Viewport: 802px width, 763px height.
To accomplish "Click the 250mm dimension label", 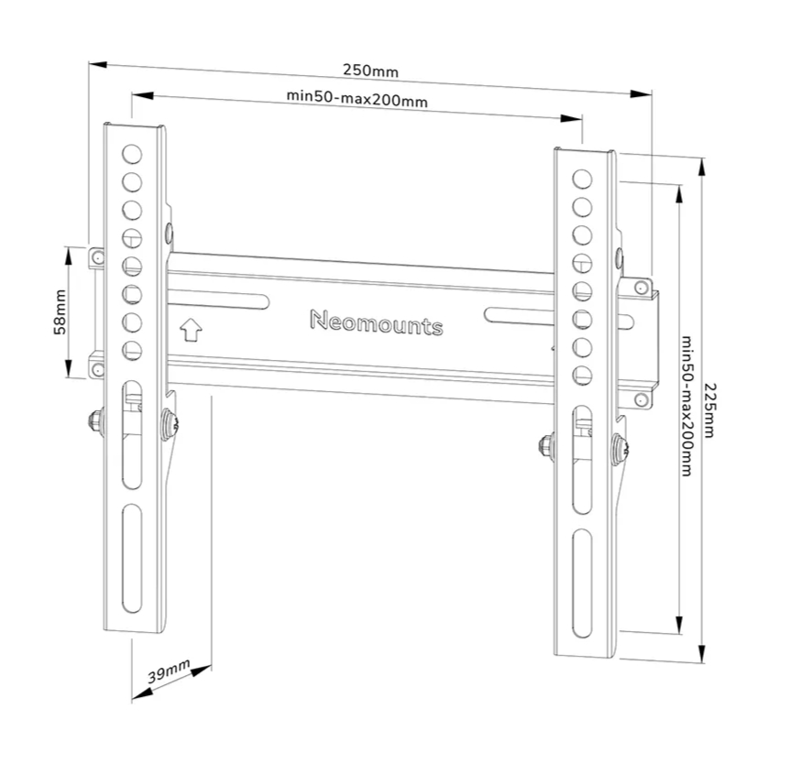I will coord(370,70).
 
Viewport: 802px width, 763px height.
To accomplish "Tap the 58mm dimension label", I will coord(59,312).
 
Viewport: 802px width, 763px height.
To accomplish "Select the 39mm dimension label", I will coord(170,674).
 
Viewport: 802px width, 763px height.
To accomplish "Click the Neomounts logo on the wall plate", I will coord(376,322).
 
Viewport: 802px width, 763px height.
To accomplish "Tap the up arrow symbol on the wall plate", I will coord(191,327).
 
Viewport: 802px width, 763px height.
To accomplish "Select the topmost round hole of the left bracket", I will coord(132,153).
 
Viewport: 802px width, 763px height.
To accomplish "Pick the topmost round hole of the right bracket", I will coord(581,177).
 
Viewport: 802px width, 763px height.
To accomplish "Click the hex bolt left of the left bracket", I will coord(95,420).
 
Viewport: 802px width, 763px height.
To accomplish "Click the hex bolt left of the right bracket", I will coord(546,445).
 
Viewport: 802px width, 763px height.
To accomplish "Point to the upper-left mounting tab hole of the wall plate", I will coord(95,258).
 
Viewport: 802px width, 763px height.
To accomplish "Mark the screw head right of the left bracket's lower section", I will coord(169,423).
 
